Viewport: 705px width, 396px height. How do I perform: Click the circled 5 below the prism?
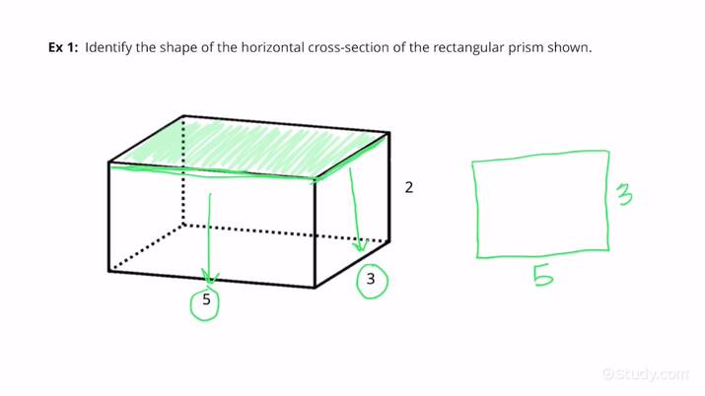click(x=206, y=300)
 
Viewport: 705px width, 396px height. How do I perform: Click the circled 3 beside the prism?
click(x=371, y=280)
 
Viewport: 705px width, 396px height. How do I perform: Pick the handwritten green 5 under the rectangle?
click(x=540, y=278)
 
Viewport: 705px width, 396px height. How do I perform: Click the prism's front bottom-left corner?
click(x=107, y=271)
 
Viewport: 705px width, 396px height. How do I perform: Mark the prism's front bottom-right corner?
click(x=315, y=287)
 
